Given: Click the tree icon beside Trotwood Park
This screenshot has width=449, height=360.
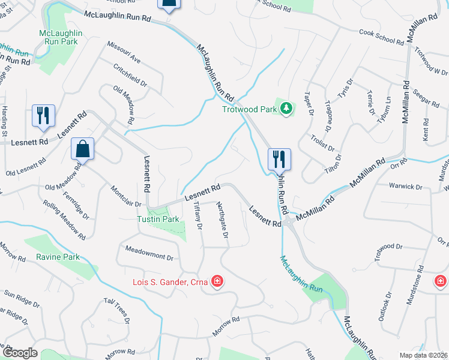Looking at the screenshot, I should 287,109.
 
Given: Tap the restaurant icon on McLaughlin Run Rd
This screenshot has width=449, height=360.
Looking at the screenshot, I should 279,160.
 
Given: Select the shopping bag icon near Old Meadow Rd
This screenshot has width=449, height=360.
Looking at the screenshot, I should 82,149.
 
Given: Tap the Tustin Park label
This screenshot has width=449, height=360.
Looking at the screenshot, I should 155,219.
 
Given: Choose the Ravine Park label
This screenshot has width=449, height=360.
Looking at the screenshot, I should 58,257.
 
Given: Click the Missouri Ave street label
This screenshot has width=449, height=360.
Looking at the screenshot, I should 124,52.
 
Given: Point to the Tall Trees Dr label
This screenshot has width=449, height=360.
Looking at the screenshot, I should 116,310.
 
